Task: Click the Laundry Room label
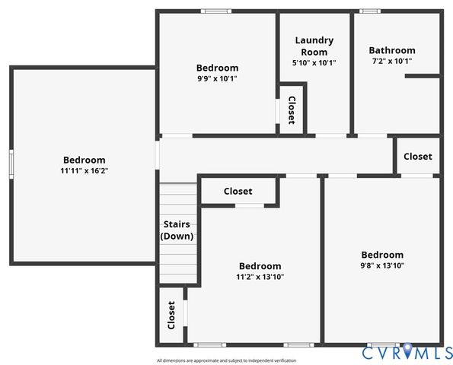click(314, 46)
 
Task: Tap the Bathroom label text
click(392, 50)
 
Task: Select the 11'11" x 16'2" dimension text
click(84, 171)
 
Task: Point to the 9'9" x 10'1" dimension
click(217, 78)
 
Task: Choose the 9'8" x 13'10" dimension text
click(382, 265)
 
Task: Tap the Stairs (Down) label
click(177, 230)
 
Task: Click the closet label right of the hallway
click(417, 157)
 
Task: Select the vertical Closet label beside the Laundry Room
click(291, 111)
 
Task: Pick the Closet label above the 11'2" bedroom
click(238, 192)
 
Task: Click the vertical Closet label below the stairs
click(171, 314)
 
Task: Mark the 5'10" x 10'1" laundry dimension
click(314, 63)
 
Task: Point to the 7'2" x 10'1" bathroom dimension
click(392, 61)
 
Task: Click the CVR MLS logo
click(407, 352)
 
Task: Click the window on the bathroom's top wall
click(371, 11)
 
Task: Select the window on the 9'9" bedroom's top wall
click(216, 11)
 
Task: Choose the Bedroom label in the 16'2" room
click(84, 160)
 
